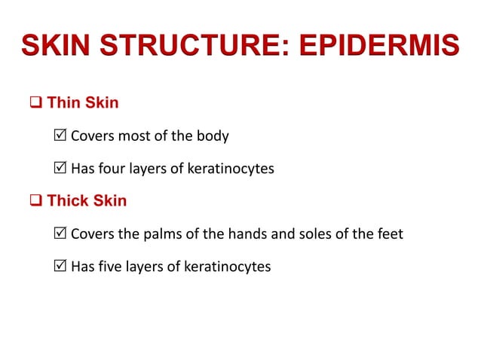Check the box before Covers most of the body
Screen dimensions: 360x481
62,136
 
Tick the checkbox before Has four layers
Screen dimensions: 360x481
62,169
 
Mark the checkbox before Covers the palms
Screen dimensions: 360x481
62,234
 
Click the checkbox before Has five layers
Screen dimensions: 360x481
62,267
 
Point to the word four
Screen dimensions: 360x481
115,169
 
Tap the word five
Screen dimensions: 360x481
113,267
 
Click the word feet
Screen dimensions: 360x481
390,234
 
